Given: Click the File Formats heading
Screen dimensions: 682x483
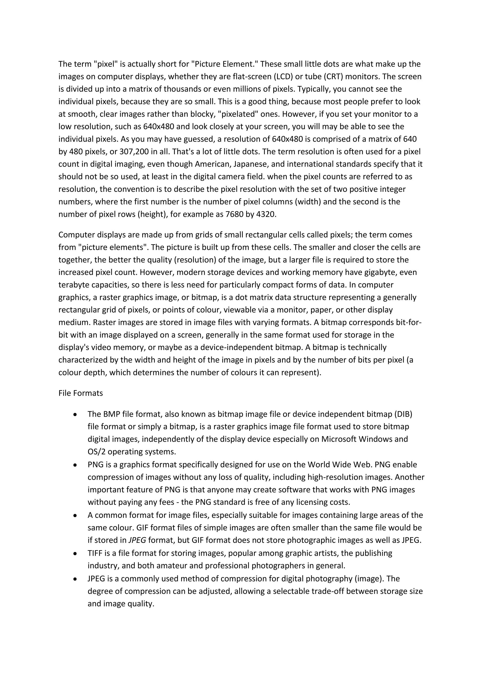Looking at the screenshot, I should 81,393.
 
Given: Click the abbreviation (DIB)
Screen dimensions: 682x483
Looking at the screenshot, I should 403,414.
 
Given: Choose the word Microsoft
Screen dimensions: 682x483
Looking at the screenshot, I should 339,439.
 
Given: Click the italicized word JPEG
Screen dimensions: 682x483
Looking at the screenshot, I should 137,540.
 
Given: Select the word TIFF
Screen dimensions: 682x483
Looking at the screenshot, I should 95,553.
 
